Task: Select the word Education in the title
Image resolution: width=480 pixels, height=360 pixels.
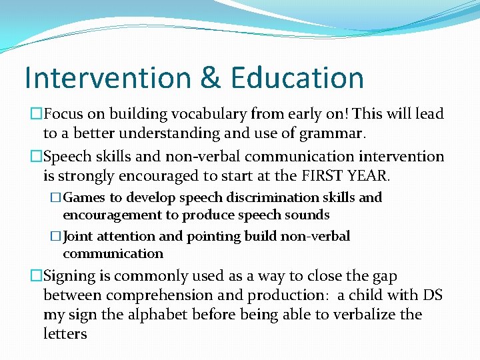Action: click(297, 77)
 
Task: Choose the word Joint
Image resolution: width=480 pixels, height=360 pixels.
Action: click(79, 236)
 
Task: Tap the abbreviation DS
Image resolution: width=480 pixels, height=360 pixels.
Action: click(432, 295)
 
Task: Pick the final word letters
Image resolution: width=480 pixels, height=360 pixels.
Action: click(65, 334)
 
